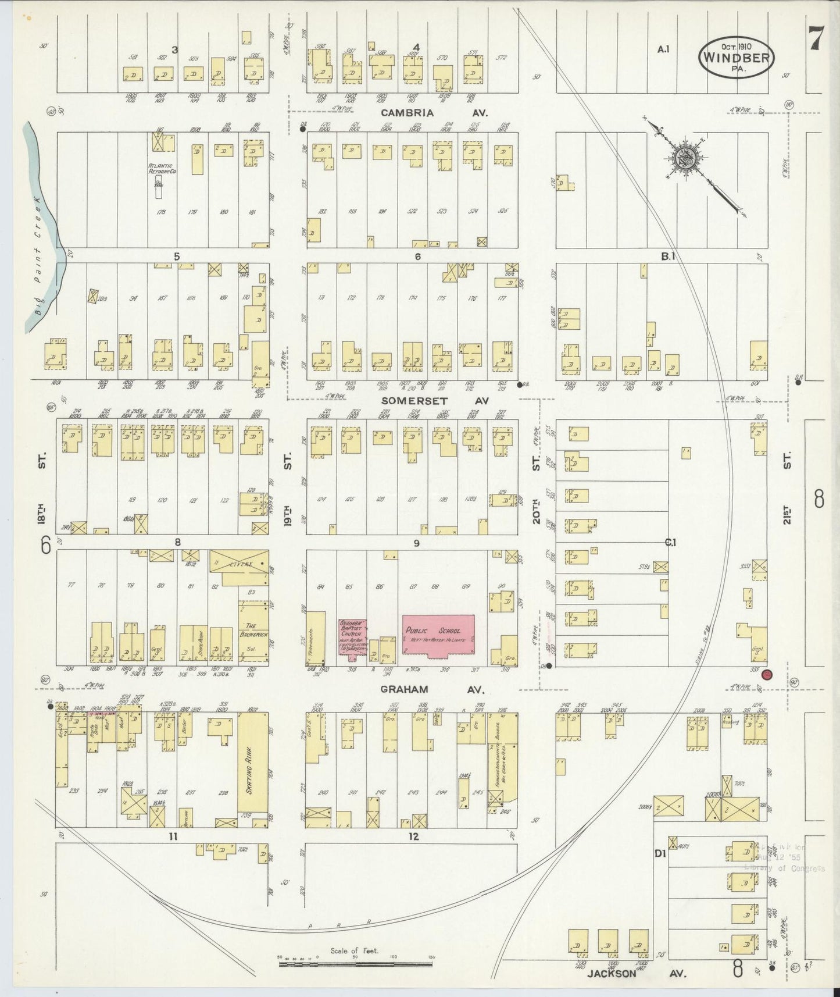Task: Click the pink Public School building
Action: pos(438,636)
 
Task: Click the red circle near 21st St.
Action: pos(767,675)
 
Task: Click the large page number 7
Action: pos(814,38)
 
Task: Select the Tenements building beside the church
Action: pos(316,638)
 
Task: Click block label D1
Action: pos(659,854)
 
